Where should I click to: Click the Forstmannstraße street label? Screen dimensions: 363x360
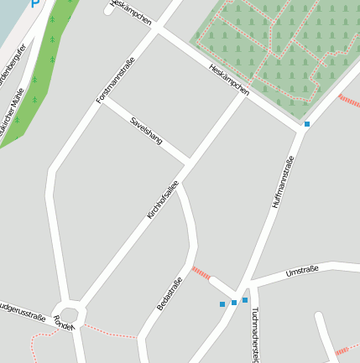coord(115,79)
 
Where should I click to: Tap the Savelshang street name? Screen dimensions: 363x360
coord(145,130)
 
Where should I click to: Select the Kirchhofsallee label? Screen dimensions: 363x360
coord(163,200)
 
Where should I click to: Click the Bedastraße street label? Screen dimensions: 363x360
coord(170,293)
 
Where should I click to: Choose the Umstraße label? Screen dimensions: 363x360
coord(301,271)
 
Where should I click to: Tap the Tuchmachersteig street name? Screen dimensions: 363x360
coord(255,334)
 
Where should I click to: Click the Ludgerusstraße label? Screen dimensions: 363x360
coord(22,312)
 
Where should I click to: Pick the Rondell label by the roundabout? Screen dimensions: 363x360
coord(64,324)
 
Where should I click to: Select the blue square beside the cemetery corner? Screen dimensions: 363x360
coord(307,124)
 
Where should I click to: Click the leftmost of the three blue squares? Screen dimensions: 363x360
coord(222,303)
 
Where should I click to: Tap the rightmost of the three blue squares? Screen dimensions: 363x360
coord(245,299)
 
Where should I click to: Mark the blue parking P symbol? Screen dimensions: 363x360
coord(35,3)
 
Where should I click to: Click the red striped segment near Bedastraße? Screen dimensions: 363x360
coord(201,272)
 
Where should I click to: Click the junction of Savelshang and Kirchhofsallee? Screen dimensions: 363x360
coord(188,160)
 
